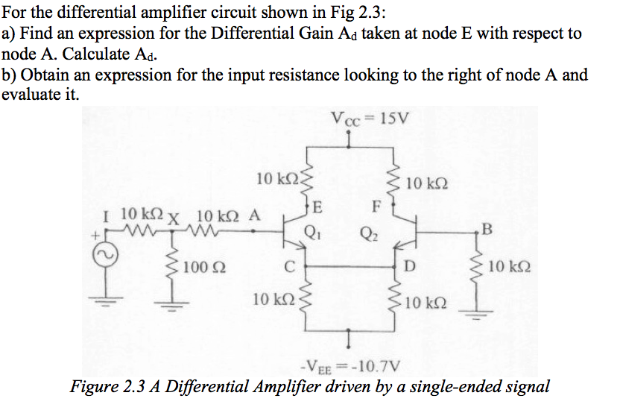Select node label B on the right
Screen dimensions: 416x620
click(488, 229)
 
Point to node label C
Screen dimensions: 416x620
click(294, 265)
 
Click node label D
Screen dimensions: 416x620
click(408, 265)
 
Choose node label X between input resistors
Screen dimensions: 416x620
click(177, 221)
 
